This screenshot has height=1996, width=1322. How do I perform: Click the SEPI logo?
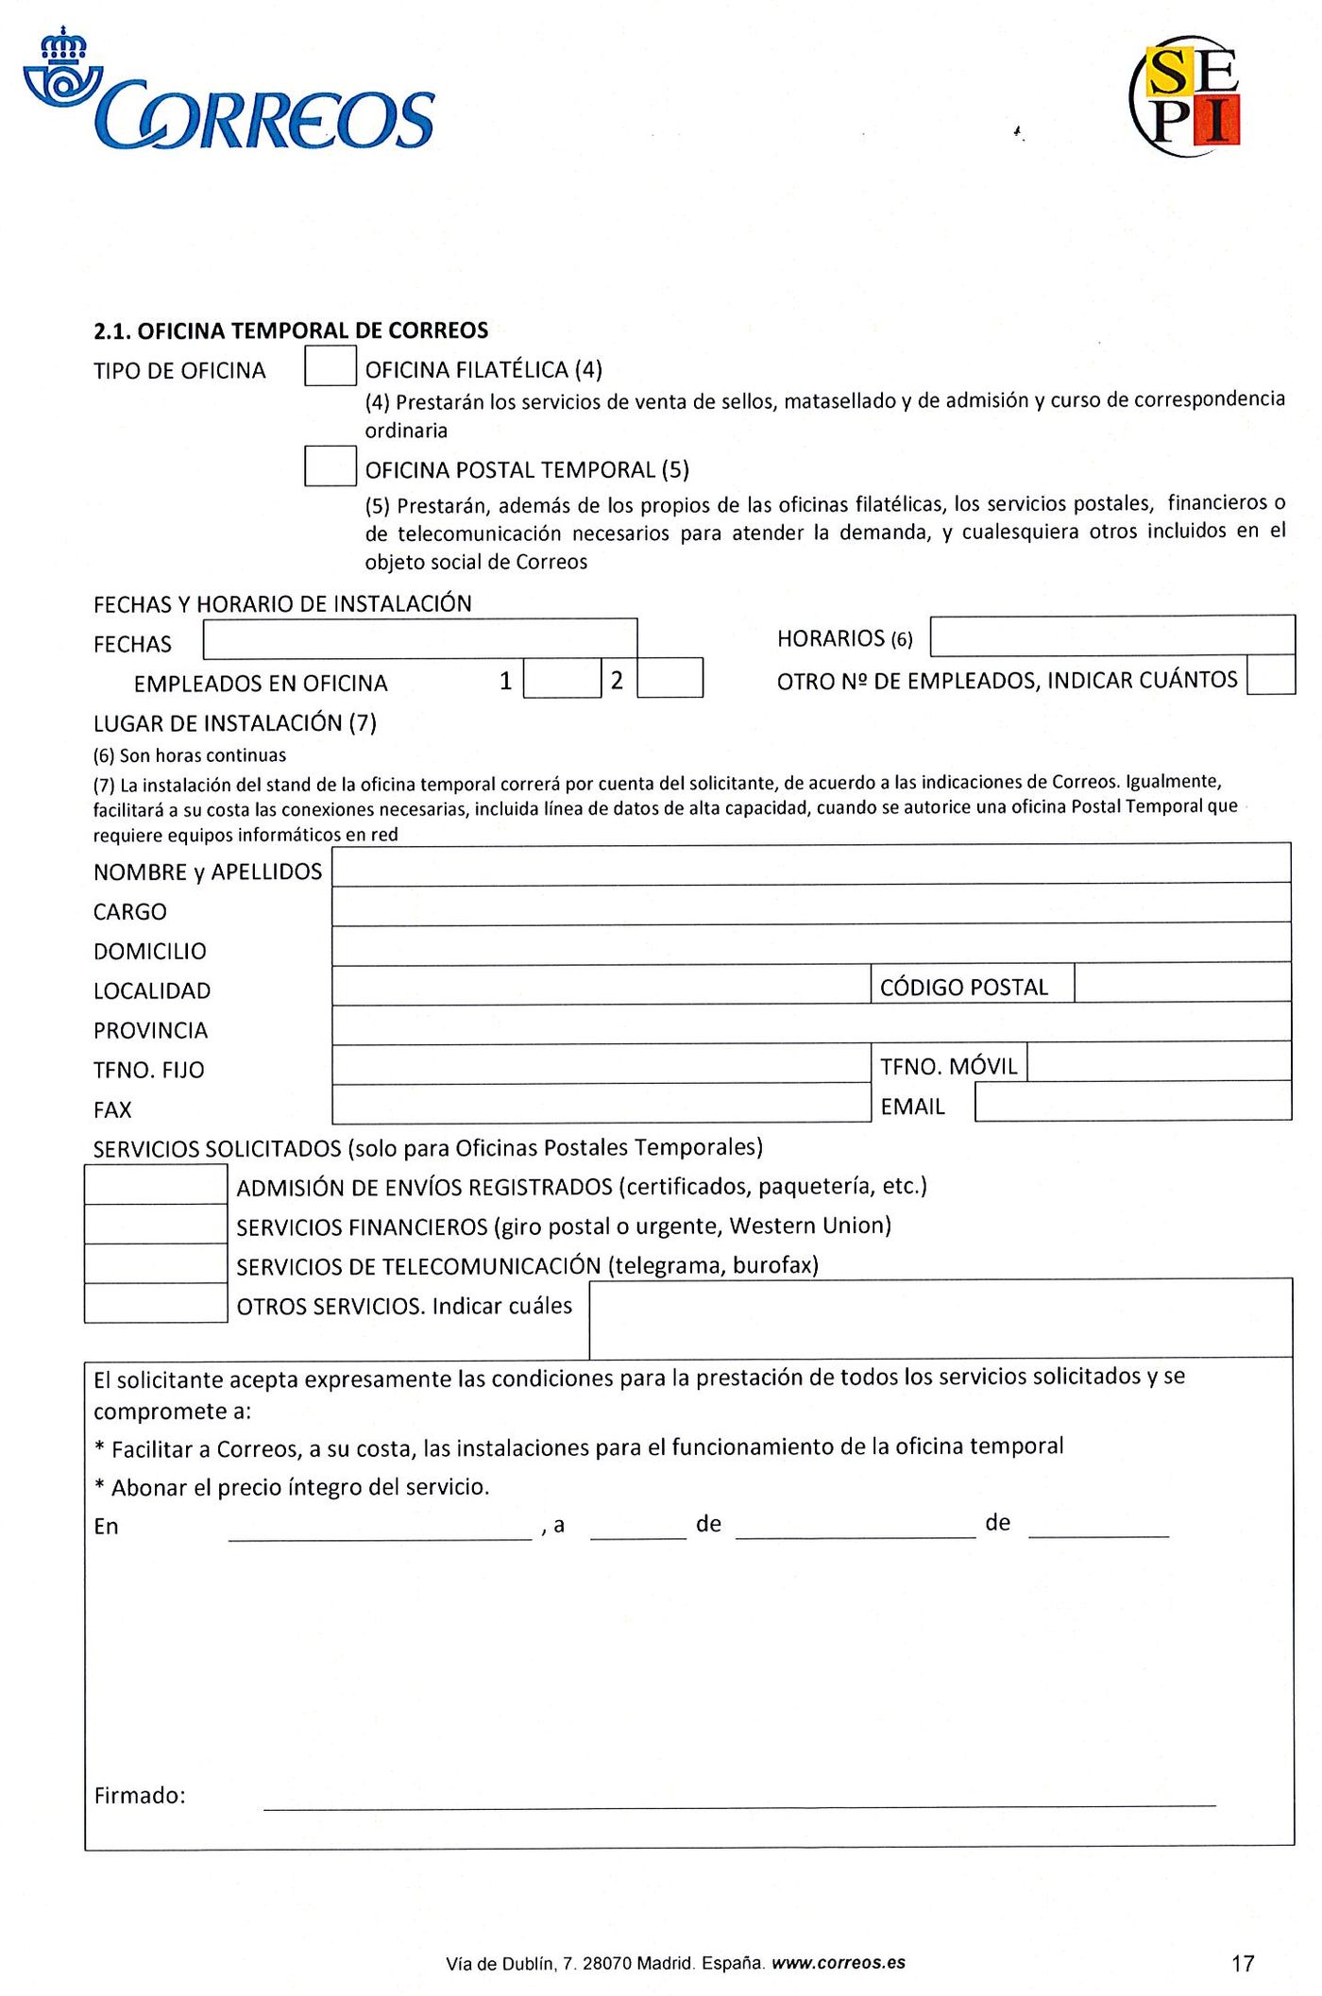click(1186, 95)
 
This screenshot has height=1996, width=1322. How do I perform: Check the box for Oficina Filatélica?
click(330, 366)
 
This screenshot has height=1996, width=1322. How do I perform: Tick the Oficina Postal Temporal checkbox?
click(330, 466)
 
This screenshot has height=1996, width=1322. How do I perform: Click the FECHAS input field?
click(420, 639)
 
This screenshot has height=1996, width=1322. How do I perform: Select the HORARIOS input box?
click(1111, 635)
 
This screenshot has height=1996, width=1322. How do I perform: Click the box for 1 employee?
click(562, 678)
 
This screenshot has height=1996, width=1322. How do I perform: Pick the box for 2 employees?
click(669, 678)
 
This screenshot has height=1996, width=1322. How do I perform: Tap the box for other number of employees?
click(1270, 675)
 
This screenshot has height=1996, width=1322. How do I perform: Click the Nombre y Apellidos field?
click(810, 864)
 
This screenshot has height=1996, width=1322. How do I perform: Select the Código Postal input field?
click(1182, 983)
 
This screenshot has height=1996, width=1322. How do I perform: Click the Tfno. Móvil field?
click(1159, 1062)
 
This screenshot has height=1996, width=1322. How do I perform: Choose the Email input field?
click(1132, 1102)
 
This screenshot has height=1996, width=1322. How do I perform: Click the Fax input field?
click(601, 1103)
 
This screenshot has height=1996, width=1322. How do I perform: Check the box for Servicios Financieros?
click(156, 1225)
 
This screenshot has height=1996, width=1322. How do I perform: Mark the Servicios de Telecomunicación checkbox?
click(156, 1263)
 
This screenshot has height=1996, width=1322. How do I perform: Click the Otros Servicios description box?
click(941, 1318)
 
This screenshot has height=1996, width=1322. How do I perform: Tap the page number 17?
click(1243, 1964)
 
